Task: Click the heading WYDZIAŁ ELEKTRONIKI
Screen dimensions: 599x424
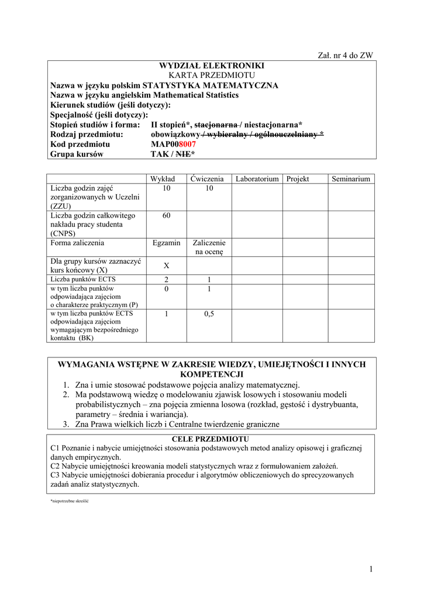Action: click(212, 66)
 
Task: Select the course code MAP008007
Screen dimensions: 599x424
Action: click(173, 144)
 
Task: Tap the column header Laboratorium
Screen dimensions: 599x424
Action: click(257, 179)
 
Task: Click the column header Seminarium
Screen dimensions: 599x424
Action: click(351, 179)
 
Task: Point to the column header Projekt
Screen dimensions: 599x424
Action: click(298, 179)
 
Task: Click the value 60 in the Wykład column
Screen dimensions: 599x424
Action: click(167, 216)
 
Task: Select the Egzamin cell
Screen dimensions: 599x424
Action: click(167, 243)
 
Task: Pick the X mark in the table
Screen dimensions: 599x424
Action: click(167, 266)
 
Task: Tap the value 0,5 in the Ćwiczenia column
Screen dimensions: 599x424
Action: click(209, 314)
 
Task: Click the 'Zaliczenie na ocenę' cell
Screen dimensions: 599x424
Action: click(209, 247)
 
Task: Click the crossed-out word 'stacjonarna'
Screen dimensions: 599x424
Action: click(215, 125)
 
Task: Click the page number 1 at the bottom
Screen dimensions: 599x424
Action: click(371, 569)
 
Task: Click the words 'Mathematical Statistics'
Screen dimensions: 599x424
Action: click(196, 95)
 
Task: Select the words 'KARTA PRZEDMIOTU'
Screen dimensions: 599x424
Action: click(212, 75)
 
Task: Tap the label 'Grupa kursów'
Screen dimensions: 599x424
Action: click(77, 154)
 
